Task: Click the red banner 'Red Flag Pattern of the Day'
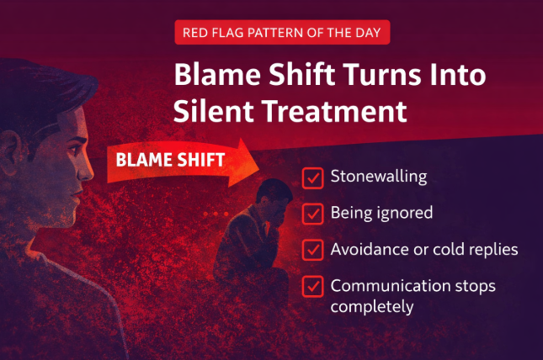(282, 33)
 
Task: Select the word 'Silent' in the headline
(211, 110)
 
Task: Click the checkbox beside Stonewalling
(312, 177)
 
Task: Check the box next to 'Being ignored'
(312, 214)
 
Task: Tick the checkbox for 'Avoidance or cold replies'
(312, 250)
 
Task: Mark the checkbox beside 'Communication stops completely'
(312, 286)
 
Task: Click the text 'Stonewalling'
(379, 177)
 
